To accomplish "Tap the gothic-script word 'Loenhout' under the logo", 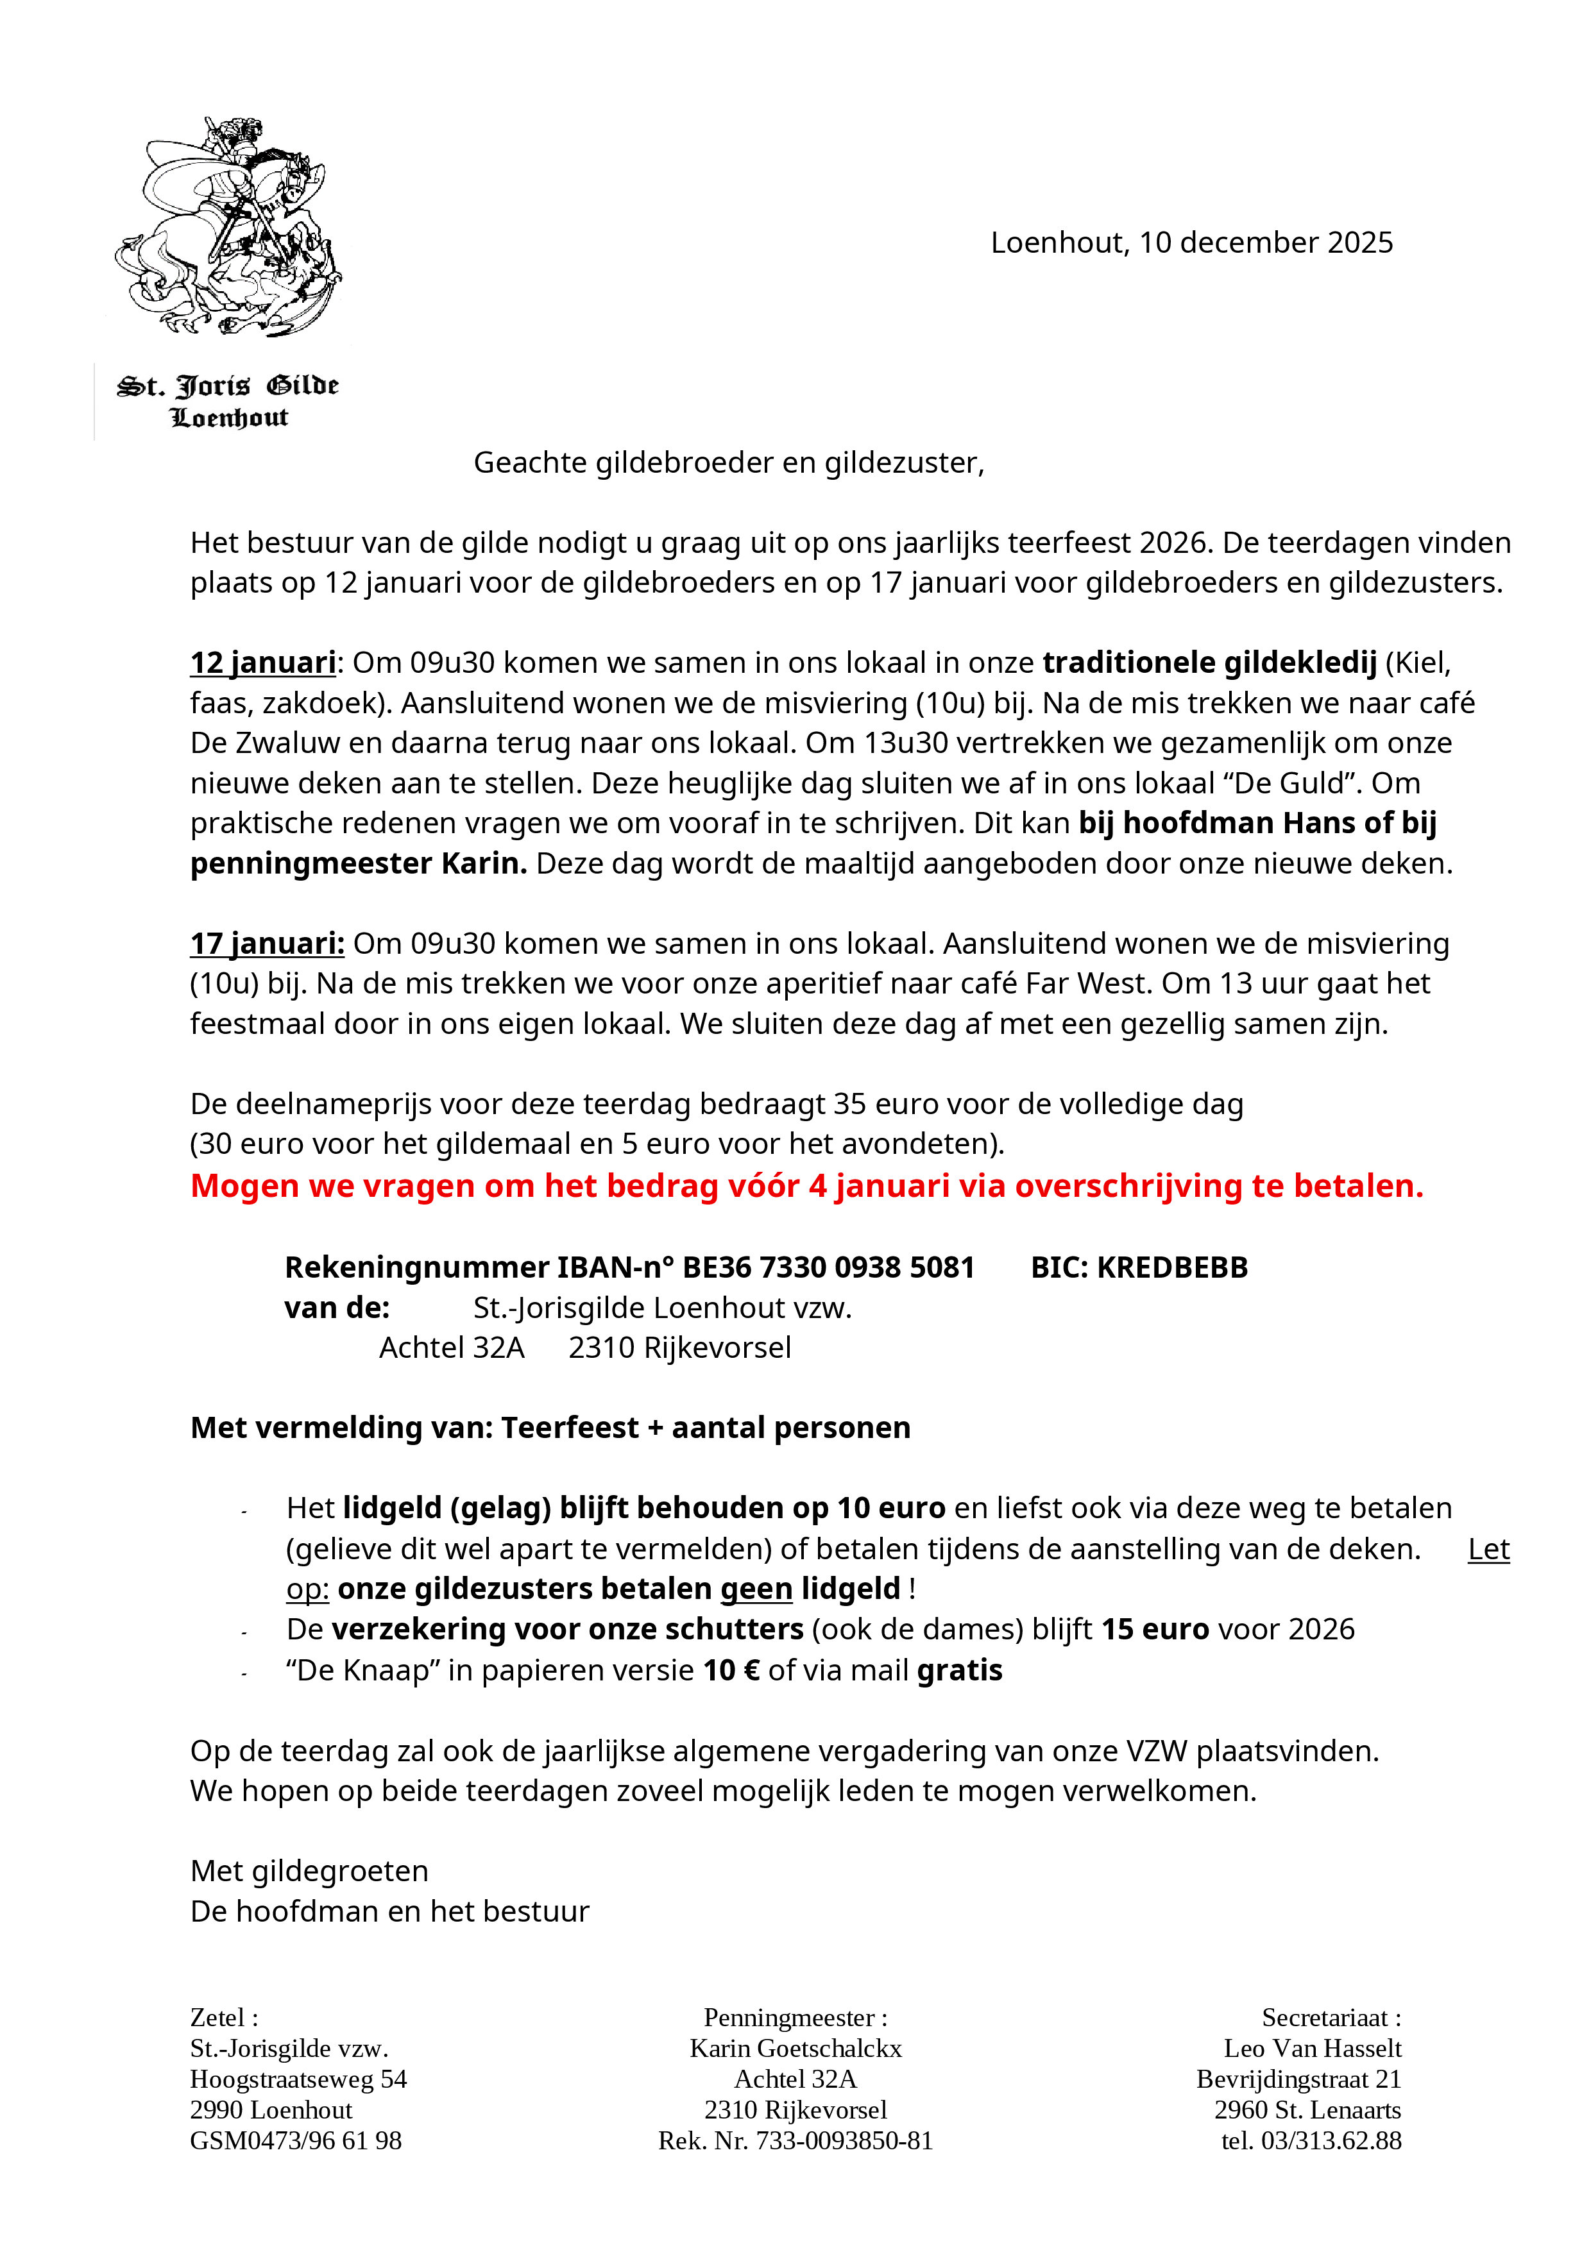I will (x=230, y=418).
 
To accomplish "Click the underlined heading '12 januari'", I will (x=263, y=663).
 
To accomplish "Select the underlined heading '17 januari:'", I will (x=267, y=943).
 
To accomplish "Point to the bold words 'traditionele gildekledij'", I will (x=1210, y=663).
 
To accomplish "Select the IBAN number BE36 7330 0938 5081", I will (x=828, y=1268).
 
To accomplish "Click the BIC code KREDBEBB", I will (x=1171, y=1268).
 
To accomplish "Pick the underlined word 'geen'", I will (x=756, y=1589).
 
